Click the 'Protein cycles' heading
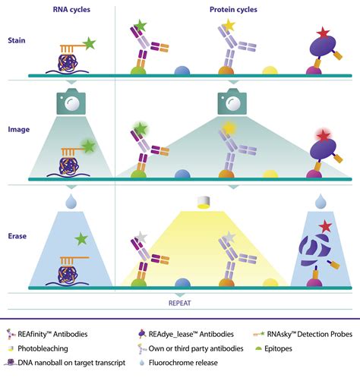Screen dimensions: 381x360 click(x=234, y=10)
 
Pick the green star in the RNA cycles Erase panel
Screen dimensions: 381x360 click(x=82, y=240)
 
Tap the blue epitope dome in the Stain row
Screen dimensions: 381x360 click(x=182, y=71)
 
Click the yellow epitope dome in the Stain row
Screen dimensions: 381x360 click(x=270, y=71)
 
